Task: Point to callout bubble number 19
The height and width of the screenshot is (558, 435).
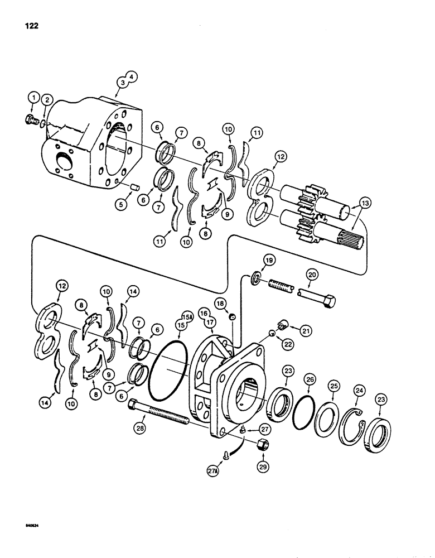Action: click(269, 260)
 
